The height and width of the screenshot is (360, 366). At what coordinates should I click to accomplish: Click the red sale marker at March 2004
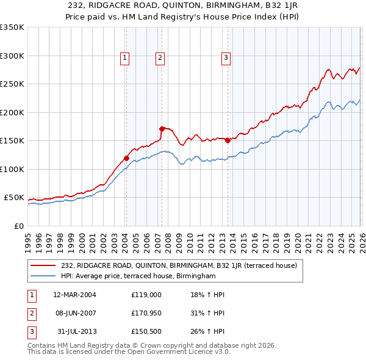(x=126, y=158)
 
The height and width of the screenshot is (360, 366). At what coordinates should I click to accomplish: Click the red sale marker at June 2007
(x=162, y=129)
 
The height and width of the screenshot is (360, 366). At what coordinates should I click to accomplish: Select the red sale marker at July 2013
(x=228, y=140)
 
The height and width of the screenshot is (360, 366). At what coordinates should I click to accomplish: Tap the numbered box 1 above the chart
(x=124, y=58)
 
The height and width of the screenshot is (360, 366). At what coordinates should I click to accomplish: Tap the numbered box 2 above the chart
(x=160, y=58)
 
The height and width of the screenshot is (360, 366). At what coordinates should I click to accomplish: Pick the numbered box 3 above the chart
(x=226, y=58)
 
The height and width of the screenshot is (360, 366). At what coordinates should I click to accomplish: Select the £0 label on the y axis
(x=18, y=226)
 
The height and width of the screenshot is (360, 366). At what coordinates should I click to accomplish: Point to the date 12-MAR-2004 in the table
(x=74, y=295)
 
